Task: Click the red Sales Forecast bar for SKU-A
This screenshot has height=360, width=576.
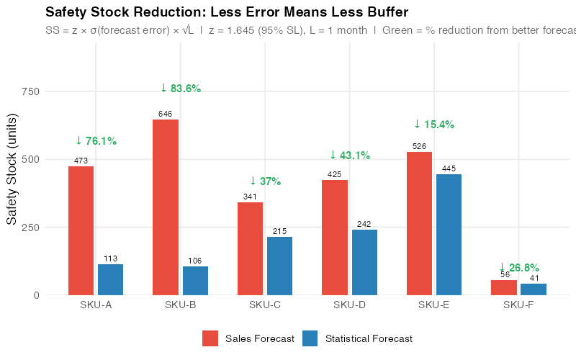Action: pyautogui.click(x=81, y=230)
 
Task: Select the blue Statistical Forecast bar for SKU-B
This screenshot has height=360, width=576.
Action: pyautogui.click(x=195, y=280)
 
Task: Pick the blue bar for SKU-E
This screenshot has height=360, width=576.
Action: pyautogui.click(x=449, y=234)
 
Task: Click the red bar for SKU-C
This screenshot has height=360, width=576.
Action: pyautogui.click(x=250, y=248)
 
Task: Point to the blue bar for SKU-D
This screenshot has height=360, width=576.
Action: pyautogui.click(x=364, y=262)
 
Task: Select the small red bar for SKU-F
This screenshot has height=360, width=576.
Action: pyautogui.click(x=504, y=287)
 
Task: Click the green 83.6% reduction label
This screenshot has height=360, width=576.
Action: pyautogui.click(x=181, y=89)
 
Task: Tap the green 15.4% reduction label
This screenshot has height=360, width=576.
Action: pyautogui.click(x=434, y=125)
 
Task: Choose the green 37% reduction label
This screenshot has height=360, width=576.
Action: pyautogui.click(x=265, y=181)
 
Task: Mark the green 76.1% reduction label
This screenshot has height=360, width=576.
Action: pyautogui.click(x=96, y=141)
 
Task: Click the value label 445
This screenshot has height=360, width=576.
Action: pyautogui.click(x=449, y=168)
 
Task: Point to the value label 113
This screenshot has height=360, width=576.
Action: pyautogui.click(x=110, y=258)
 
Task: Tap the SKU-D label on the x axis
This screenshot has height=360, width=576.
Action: pyautogui.click(x=349, y=305)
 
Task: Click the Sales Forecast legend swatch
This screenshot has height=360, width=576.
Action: pyautogui.click(x=210, y=338)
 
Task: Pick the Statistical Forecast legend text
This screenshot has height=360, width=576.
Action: pyautogui.click(x=369, y=338)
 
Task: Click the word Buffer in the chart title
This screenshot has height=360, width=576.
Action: pyautogui.click(x=389, y=12)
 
